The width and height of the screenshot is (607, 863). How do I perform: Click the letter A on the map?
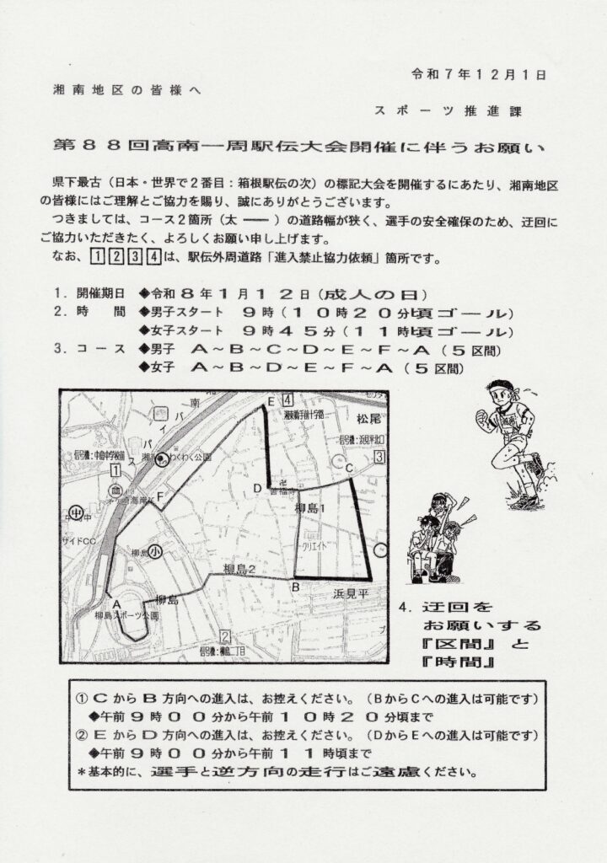(116, 604)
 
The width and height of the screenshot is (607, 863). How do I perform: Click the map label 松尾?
(368, 418)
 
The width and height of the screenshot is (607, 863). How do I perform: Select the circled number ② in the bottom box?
(83, 735)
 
